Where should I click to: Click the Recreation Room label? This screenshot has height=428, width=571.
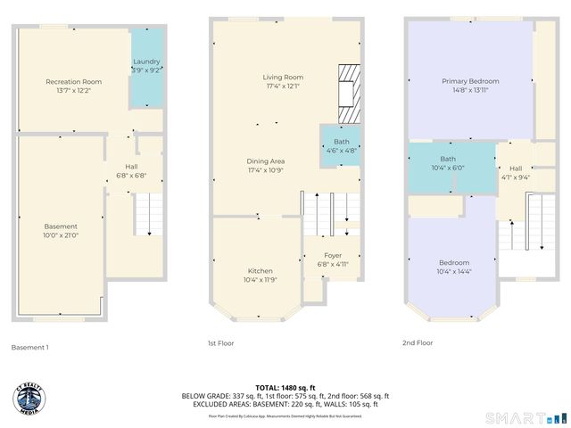74,86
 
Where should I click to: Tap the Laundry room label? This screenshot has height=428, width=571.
146,64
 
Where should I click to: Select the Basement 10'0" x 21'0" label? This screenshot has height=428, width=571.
62,231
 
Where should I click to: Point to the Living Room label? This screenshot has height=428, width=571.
283,82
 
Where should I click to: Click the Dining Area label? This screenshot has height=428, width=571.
266,165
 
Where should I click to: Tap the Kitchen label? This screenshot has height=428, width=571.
261,275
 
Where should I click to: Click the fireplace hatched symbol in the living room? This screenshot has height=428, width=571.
348,94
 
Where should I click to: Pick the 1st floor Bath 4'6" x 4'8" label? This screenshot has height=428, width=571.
342,146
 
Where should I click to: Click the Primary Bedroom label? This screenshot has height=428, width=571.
470,86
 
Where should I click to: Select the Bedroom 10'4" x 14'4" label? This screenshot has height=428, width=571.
453,267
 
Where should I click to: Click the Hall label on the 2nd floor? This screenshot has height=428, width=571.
516,172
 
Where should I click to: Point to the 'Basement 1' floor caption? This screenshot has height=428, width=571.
31,347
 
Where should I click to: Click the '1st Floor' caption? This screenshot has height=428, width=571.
220,342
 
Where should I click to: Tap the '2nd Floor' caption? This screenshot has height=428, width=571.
418,342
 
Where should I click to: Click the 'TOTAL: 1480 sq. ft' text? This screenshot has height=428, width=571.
285,388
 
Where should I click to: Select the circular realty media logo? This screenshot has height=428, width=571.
32,397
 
